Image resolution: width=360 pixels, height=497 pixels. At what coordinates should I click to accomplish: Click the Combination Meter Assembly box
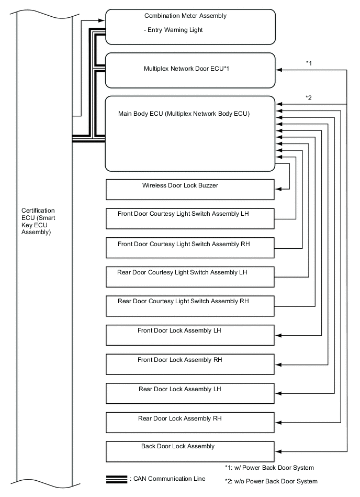pyautogui.click(x=190, y=26)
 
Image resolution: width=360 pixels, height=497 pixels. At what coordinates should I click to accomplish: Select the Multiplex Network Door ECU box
pyautogui.click(x=190, y=70)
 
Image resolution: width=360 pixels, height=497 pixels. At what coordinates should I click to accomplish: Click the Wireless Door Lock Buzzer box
pyautogui.click(x=190, y=190)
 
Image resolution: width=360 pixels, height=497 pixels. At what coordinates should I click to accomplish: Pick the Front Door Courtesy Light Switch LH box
pyautogui.click(x=190, y=218)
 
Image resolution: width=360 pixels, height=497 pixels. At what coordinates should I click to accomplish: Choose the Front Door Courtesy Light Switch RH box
pyautogui.click(x=190, y=248)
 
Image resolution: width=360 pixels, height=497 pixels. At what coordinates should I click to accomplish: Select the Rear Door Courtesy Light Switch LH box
pyautogui.click(x=190, y=277)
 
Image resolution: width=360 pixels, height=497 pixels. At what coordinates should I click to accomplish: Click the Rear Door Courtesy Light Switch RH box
pyautogui.click(x=190, y=306)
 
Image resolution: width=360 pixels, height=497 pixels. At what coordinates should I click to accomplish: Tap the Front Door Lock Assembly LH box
pyautogui.click(x=190, y=335)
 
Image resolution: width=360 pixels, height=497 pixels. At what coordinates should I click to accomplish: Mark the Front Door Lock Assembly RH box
pyautogui.click(x=190, y=364)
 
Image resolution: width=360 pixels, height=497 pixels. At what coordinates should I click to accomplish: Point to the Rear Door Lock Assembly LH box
pyautogui.click(x=190, y=393)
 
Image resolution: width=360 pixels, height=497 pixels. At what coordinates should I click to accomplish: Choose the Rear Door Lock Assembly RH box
pyautogui.click(x=190, y=422)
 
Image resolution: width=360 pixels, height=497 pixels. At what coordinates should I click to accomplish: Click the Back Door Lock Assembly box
pyautogui.click(x=190, y=451)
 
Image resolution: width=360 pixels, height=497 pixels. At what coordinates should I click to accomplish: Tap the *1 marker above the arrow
pyautogui.click(x=309, y=63)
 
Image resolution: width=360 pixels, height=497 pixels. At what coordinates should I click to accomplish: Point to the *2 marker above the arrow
pyautogui.click(x=309, y=98)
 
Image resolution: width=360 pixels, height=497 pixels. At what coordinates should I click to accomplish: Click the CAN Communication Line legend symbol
pyautogui.click(x=117, y=479)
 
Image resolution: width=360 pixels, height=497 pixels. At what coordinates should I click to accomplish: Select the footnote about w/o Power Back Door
pyautogui.click(x=271, y=481)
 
